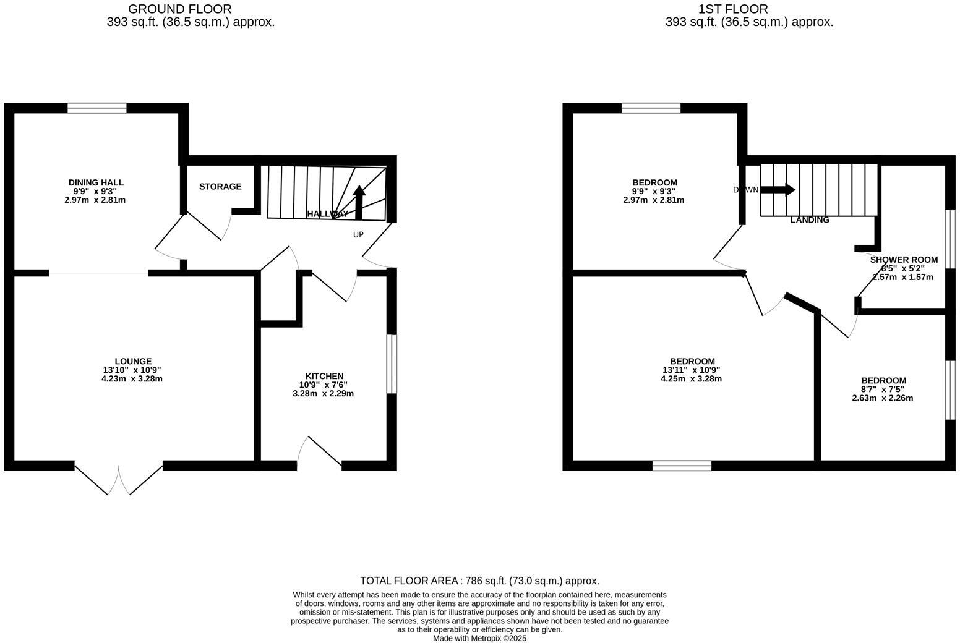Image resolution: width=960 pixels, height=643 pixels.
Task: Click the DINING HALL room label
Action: (95, 182)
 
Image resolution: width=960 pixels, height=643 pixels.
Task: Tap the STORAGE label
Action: (220, 187)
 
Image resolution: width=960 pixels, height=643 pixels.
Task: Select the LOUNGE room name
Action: (132, 362)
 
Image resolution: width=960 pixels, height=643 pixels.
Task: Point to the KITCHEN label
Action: (324, 376)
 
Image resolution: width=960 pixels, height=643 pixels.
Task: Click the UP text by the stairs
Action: (358, 235)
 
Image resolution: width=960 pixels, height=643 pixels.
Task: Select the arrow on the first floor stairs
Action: (778, 190)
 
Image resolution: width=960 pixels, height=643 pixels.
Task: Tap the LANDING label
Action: (810, 220)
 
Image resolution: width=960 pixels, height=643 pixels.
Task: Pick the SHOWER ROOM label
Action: (903, 260)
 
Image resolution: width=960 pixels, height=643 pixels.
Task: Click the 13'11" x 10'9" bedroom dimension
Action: (692, 370)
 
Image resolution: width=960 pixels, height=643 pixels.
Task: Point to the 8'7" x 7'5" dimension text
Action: (883, 390)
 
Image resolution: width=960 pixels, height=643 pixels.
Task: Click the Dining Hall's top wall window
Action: (97, 108)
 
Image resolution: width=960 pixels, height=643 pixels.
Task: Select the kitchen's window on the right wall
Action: (392, 364)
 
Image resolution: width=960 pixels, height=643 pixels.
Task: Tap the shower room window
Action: (951, 239)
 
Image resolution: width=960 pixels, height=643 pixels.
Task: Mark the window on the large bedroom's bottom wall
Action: (682, 466)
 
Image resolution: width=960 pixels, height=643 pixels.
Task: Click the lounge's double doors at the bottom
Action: (119, 479)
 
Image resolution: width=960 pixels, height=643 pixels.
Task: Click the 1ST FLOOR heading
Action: (733, 9)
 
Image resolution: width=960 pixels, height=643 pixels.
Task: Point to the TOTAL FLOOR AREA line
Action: (479, 581)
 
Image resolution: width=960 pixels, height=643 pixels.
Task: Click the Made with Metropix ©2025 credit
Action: (479, 638)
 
